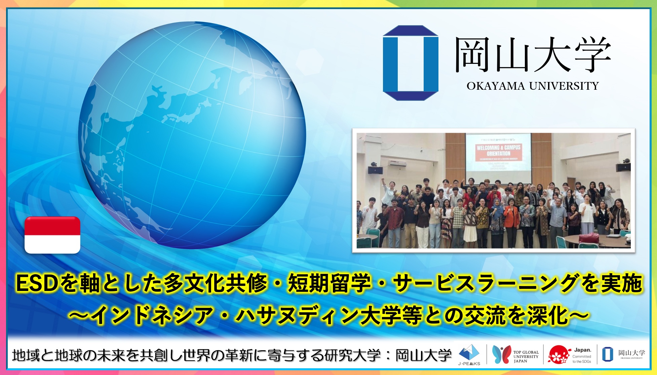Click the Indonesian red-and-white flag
pos(52,235)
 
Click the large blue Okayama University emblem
pos(411,63)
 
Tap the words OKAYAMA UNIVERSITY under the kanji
pos(533,86)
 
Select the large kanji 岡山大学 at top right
pos(533,55)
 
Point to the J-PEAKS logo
pos(469,355)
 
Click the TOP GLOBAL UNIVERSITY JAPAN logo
pos(515,355)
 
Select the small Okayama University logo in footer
pos(624,355)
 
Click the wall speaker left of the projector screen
pos(375,170)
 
